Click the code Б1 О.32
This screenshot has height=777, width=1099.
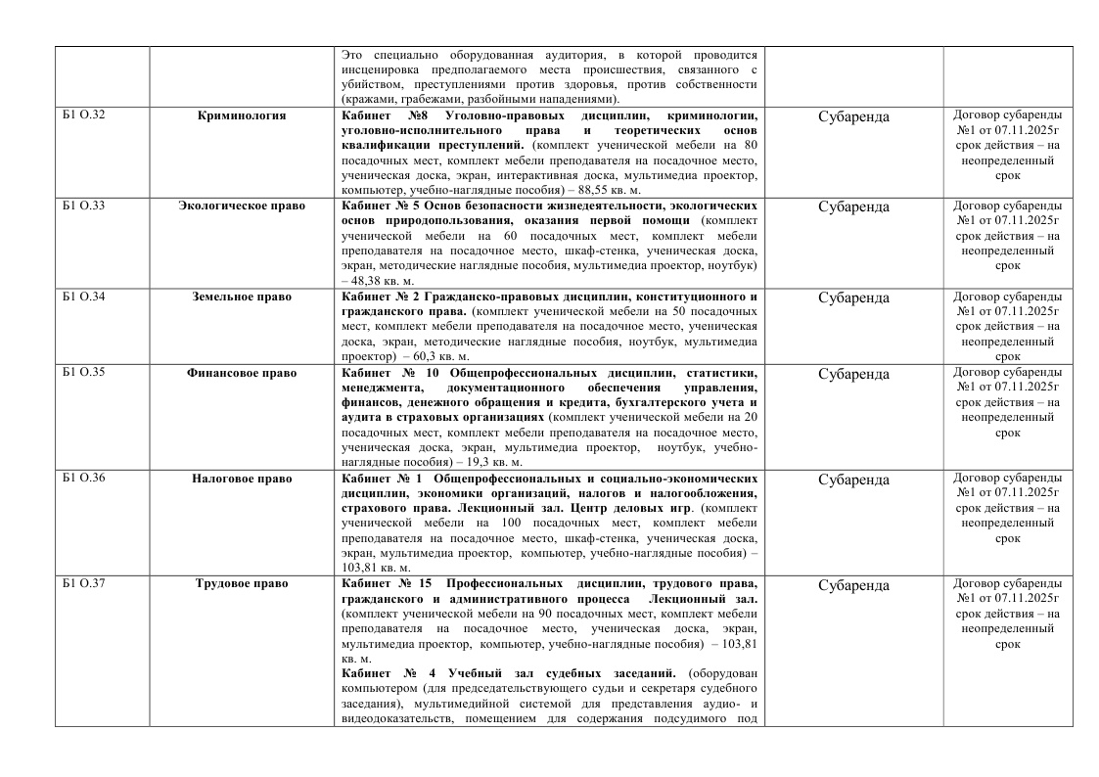[84, 115]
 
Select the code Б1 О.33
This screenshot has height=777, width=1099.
[84, 206]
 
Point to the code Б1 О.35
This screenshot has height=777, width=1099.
[84, 374]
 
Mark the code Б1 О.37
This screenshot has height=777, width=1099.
[84, 584]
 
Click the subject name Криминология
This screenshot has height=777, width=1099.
[241, 115]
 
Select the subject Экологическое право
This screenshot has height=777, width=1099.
[241, 206]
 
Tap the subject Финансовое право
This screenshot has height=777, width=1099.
[241, 374]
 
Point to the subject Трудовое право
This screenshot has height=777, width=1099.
[241, 584]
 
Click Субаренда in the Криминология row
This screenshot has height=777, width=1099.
[853, 117]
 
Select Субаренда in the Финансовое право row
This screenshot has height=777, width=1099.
[853, 375]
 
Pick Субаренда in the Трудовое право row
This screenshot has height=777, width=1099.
[853, 586]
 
